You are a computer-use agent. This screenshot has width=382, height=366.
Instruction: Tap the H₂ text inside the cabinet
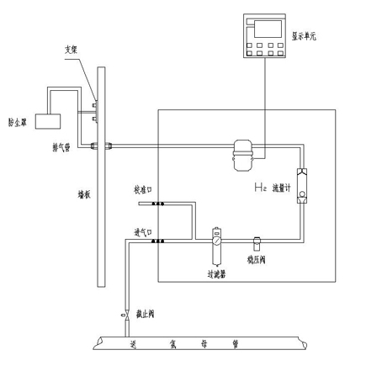[x=261, y=186]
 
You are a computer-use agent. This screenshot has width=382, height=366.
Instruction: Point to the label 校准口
[x=142, y=189]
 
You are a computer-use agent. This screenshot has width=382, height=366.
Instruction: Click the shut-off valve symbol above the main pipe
[x=126, y=316]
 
